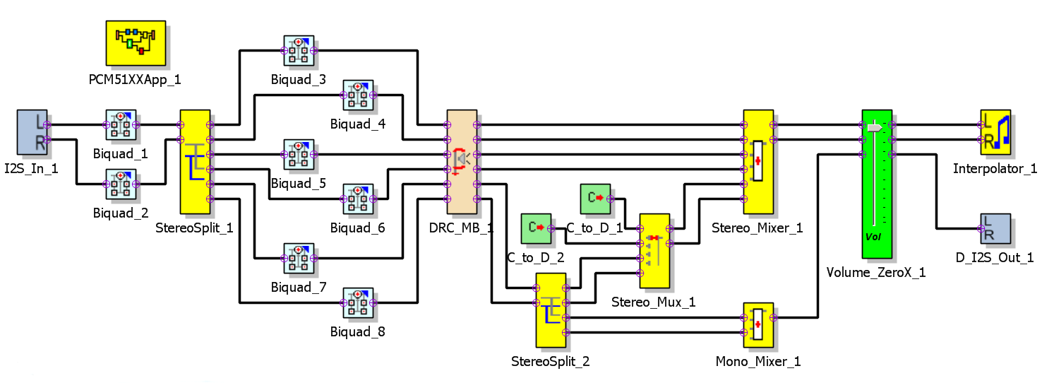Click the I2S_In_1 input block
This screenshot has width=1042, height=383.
(32, 131)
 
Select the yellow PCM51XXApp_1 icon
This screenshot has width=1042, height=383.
(136, 42)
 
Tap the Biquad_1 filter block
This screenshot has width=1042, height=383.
(121, 124)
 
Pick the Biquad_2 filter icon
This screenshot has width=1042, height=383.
(121, 184)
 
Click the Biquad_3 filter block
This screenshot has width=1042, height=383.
(299, 50)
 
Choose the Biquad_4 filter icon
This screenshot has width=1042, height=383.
(358, 95)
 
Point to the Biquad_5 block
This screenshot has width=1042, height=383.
(299, 154)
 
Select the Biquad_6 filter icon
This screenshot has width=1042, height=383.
(358, 199)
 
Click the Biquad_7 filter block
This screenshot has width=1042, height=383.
(299, 258)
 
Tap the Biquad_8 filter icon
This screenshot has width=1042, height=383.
(358, 302)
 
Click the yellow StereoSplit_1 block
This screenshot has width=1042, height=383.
(196, 162)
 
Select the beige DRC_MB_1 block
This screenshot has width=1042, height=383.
(462, 162)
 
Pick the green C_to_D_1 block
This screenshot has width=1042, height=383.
(595, 199)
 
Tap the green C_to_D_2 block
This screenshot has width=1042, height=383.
(536, 228)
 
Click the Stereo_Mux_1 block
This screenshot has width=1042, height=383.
(654, 251)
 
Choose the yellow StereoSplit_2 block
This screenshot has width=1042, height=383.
(551, 310)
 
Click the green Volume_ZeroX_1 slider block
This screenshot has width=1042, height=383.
(877, 184)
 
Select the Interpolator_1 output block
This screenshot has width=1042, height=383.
(995, 131)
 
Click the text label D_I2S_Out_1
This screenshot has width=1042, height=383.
(995, 258)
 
